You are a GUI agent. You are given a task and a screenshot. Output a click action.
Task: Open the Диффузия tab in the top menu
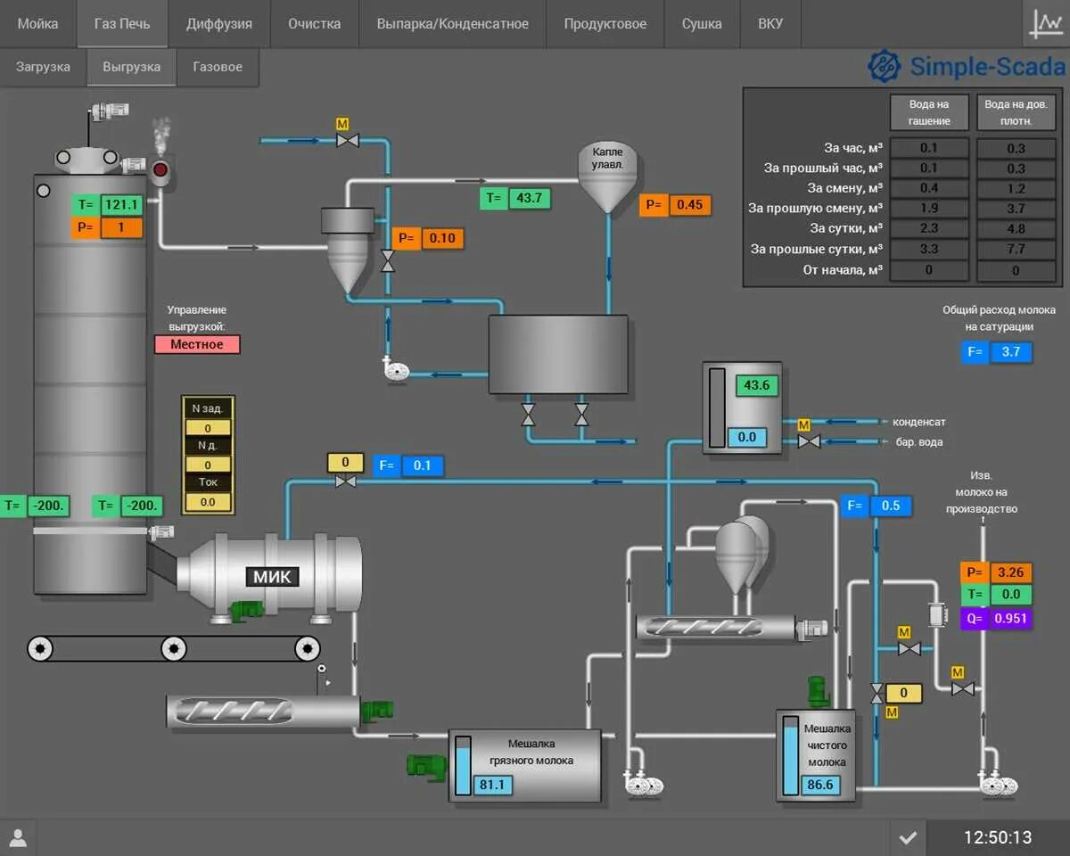tap(218, 24)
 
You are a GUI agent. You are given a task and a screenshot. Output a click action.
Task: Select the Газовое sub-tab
tap(218, 67)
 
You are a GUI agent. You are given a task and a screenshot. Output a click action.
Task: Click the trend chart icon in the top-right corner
tap(1045, 24)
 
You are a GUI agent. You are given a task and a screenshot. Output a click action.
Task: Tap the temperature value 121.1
tap(121, 205)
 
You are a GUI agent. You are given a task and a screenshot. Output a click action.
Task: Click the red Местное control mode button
tap(197, 344)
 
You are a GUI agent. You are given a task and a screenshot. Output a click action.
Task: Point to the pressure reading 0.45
tap(689, 205)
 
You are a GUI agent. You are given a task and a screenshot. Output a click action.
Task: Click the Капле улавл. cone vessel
tap(607, 176)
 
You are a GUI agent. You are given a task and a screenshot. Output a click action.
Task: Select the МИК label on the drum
tap(272, 577)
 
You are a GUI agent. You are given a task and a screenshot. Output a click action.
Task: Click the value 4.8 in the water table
tap(1016, 228)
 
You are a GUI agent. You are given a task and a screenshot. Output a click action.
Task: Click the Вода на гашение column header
tap(929, 113)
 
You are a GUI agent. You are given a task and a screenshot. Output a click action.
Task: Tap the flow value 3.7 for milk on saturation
tap(1010, 352)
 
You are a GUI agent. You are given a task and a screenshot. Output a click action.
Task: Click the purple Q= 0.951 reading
tap(1009, 619)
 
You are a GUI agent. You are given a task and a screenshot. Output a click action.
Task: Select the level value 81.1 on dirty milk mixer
tap(491, 785)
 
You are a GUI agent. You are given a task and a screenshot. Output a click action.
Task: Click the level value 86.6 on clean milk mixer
tap(819, 785)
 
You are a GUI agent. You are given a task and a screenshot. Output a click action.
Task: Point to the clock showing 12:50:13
tap(997, 837)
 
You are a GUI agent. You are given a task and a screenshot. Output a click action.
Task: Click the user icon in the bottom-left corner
tap(18, 837)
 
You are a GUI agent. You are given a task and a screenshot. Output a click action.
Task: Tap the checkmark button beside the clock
tap(908, 837)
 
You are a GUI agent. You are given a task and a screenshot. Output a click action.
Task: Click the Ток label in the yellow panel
tap(208, 482)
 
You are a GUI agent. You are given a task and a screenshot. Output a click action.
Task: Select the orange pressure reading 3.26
tap(1009, 572)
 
